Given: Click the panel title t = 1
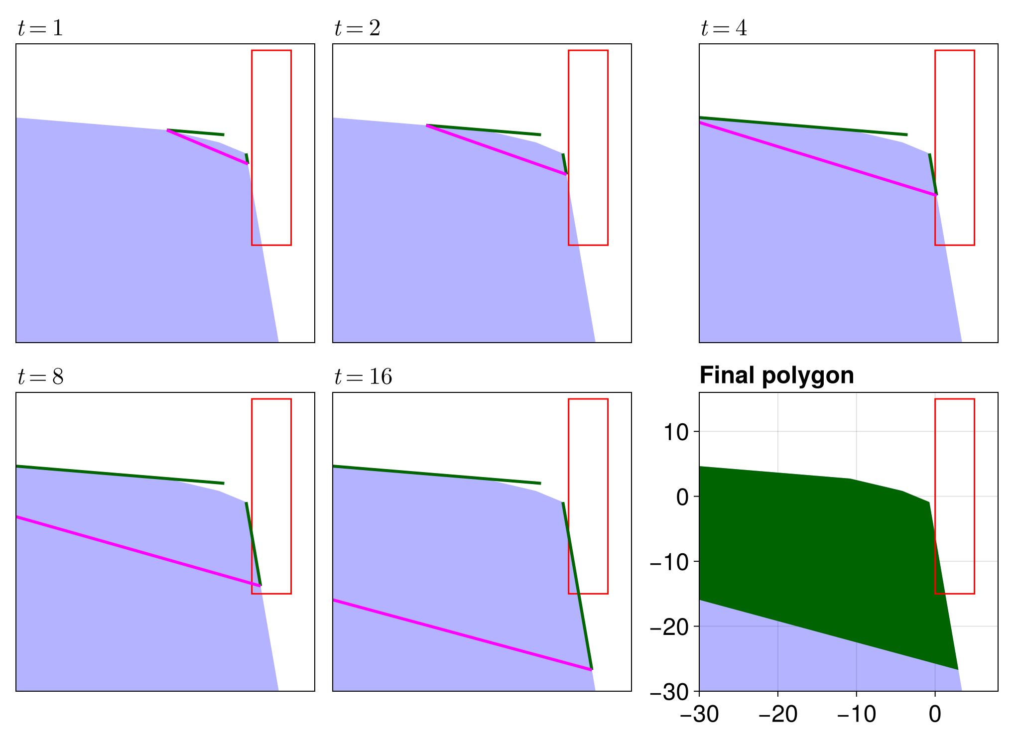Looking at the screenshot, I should coord(40,28).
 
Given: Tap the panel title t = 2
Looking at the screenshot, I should coord(357,28).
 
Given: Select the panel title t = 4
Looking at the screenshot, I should coord(724,28).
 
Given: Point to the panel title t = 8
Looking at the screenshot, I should coord(40,376).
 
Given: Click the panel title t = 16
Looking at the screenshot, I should coord(363,376).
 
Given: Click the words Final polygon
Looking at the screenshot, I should coord(776,375).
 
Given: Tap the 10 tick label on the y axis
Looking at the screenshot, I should coord(676,432).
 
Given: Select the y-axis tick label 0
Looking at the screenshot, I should coord(682,496).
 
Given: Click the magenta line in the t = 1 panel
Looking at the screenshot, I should coord(207,146).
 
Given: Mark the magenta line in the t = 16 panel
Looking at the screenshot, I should coord(462,635).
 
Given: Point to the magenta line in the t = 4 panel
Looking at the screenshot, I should coord(817,158).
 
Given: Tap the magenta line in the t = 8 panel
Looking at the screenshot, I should coord(138,551).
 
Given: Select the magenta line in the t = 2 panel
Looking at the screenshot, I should coord(497,150).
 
